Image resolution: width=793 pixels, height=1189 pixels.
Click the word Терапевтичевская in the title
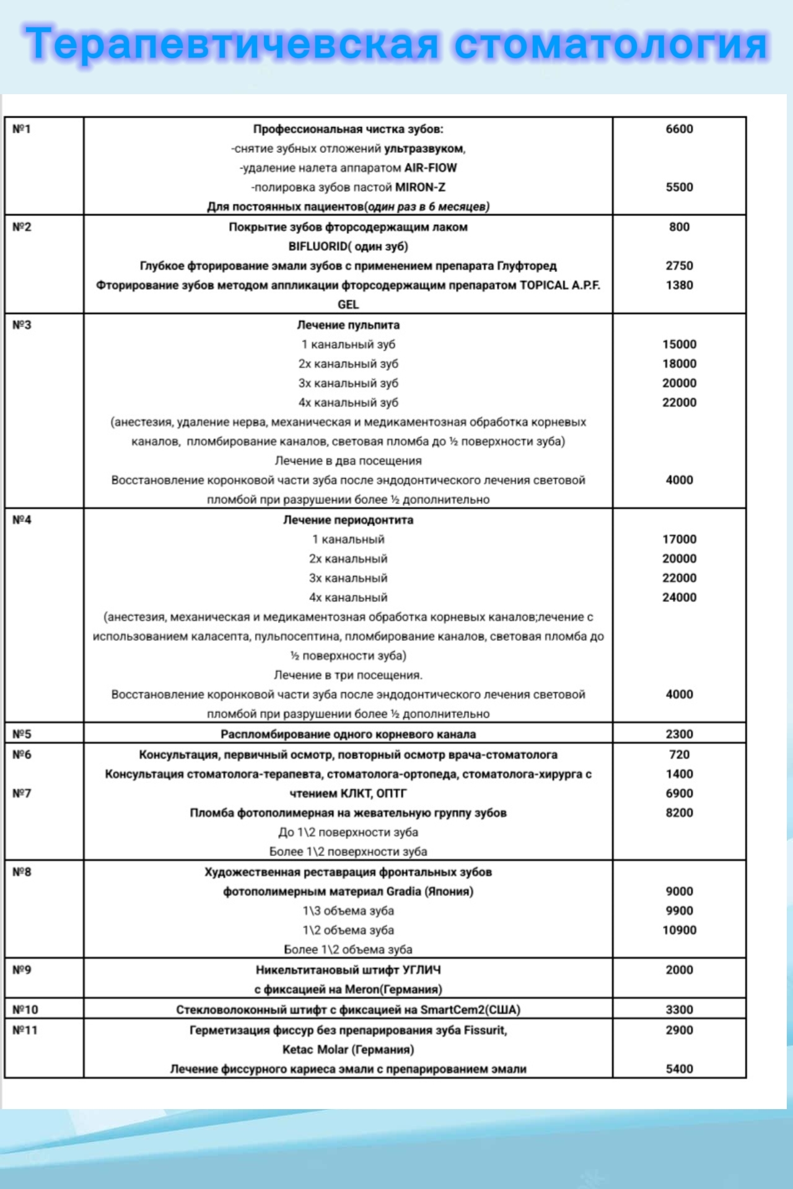pyautogui.click(x=232, y=45)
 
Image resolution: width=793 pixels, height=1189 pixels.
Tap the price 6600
pyautogui.click(x=679, y=129)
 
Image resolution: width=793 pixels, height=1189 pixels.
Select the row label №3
pyautogui.click(x=22, y=325)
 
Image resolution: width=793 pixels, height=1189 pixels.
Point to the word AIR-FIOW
pyautogui.click(x=431, y=168)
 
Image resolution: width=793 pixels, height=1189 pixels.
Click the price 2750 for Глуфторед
pyautogui.click(x=679, y=266)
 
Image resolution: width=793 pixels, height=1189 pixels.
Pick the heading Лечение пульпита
pyautogui.click(x=348, y=325)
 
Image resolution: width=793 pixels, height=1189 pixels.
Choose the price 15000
pyautogui.click(x=679, y=344)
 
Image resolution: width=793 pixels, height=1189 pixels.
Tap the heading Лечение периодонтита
pyautogui.click(x=348, y=520)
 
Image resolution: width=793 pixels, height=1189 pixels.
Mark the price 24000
pyautogui.click(x=679, y=598)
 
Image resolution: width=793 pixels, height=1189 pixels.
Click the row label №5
pyautogui.click(x=22, y=734)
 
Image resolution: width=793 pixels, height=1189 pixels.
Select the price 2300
pyautogui.click(x=679, y=734)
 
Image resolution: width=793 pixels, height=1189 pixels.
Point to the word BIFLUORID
pyautogui.click(x=318, y=246)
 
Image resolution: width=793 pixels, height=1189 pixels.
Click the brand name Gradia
pyautogui.click(x=403, y=892)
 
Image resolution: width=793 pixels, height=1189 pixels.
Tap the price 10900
pyautogui.click(x=679, y=930)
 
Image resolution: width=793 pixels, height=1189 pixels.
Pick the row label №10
pyautogui.click(x=25, y=1010)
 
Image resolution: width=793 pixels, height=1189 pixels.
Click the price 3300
pyautogui.click(x=679, y=1010)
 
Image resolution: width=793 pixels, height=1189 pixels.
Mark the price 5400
pyautogui.click(x=679, y=1069)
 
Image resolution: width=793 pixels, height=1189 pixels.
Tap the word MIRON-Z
pyautogui.click(x=420, y=187)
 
